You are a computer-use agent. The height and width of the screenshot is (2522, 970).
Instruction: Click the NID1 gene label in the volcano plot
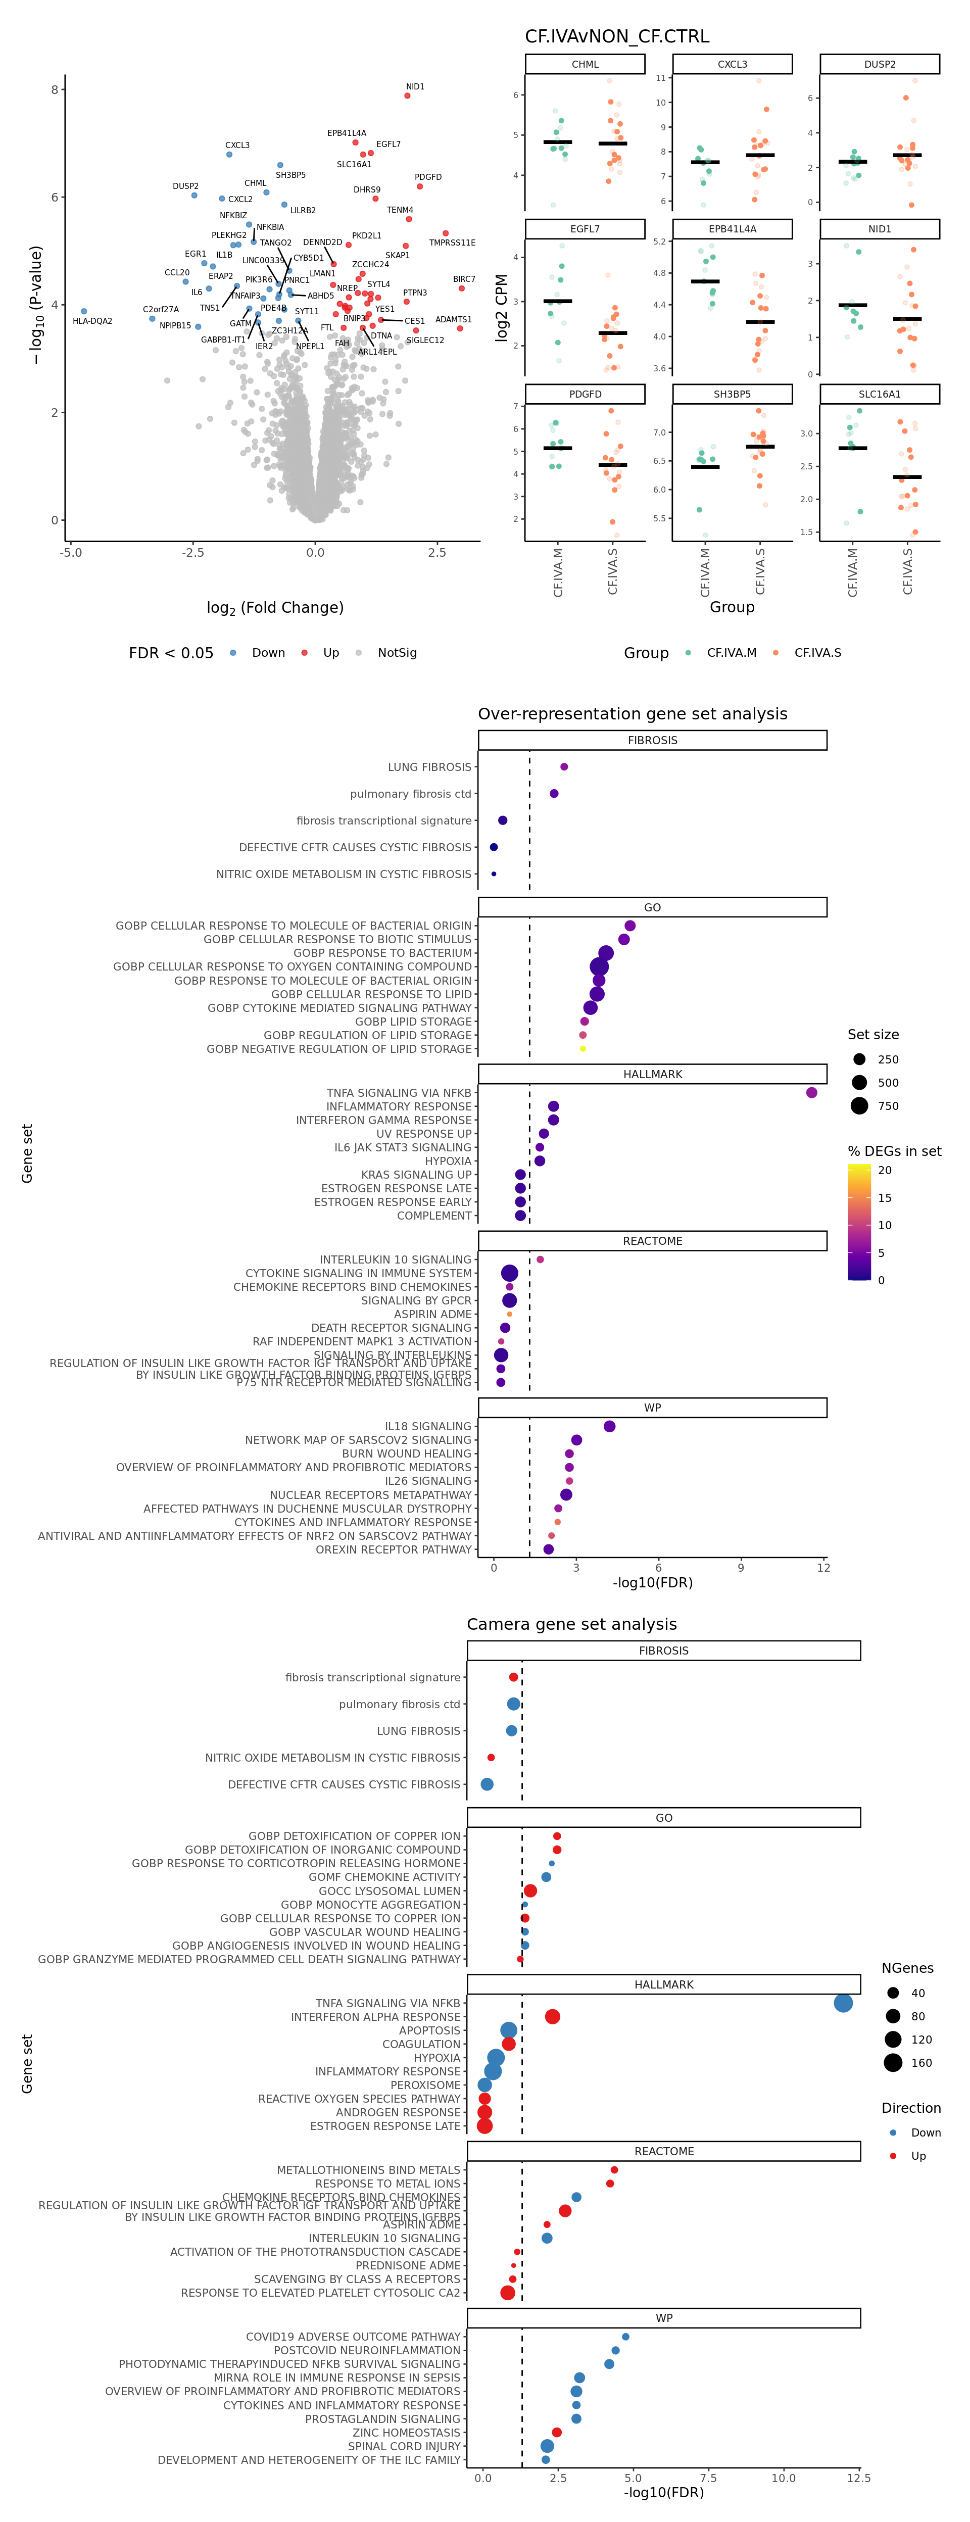[415, 87]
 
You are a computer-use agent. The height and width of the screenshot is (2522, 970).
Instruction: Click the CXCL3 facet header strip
[732, 65]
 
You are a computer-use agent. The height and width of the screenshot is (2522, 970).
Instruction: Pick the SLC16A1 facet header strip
[879, 394]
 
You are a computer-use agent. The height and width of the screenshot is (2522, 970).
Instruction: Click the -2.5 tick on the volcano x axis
[193, 552]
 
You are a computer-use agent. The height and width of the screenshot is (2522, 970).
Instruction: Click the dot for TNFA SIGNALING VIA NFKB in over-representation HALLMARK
[811, 1093]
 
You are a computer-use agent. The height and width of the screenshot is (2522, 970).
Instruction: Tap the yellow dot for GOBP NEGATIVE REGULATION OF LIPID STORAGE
[583, 1048]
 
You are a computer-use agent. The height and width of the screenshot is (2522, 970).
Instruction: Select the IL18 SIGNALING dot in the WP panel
[610, 1427]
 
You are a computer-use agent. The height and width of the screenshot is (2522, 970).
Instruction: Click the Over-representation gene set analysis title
[633, 714]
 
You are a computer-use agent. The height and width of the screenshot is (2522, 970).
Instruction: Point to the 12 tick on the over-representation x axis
[823, 1568]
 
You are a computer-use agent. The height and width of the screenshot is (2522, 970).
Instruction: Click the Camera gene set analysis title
[571, 1624]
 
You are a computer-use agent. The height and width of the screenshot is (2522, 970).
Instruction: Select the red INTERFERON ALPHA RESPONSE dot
[552, 2017]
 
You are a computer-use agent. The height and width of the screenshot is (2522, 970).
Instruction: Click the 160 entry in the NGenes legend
[917, 2063]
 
